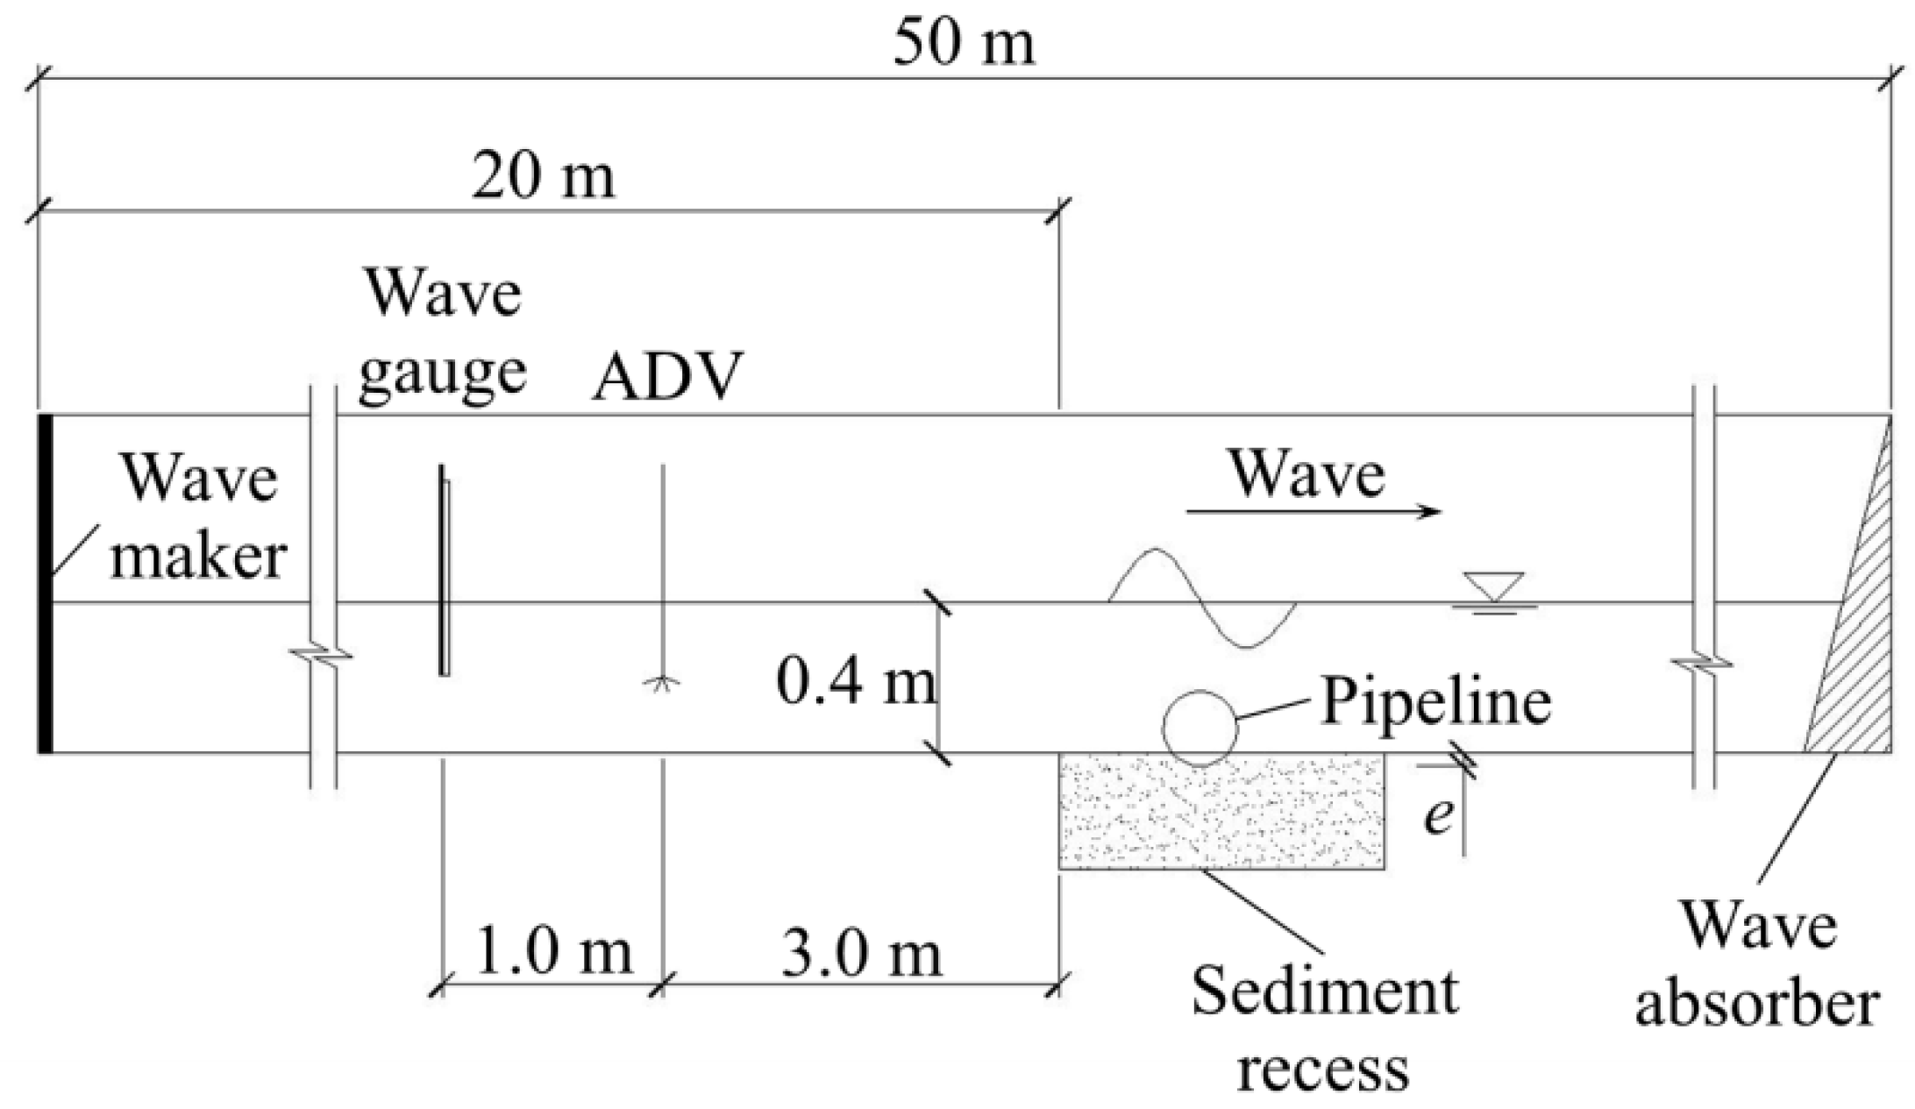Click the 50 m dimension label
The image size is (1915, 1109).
[964, 44]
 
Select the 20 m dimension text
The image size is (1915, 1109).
[543, 177]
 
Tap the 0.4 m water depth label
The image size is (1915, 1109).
[856, 684]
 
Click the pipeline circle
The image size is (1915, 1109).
[1200, 728]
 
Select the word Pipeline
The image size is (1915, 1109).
[1435, 701]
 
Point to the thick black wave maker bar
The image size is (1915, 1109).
[45, 583]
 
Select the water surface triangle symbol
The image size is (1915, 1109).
[1494, 586]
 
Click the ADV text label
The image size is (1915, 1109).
[667, 377]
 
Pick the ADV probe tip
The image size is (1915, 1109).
[662, 683]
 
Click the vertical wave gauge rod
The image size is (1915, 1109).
[445, 570]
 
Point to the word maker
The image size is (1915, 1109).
[198, 557]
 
